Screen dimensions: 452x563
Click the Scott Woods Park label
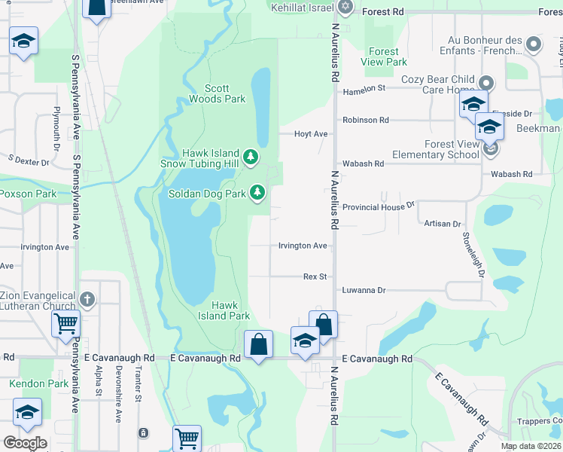(217, 93)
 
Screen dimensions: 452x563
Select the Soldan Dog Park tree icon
(257, 193)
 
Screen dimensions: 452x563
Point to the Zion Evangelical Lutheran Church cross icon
(87, 300)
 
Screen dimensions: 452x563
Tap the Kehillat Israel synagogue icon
(345, 7)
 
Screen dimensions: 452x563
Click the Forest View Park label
(384, 56)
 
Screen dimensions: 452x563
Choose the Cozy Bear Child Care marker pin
(487, 83)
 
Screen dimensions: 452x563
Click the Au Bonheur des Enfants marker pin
(534, 44)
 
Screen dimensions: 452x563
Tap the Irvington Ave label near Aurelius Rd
(303, 246)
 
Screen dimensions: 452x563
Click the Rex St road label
(315, 276)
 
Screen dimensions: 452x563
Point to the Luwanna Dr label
(364, 290)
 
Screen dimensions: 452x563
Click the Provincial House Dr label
(379, 206)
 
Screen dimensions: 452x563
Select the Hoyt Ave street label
(311, 134)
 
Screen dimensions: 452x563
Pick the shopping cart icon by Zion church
(66, 325)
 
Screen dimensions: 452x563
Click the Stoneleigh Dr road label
(472, 253)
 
